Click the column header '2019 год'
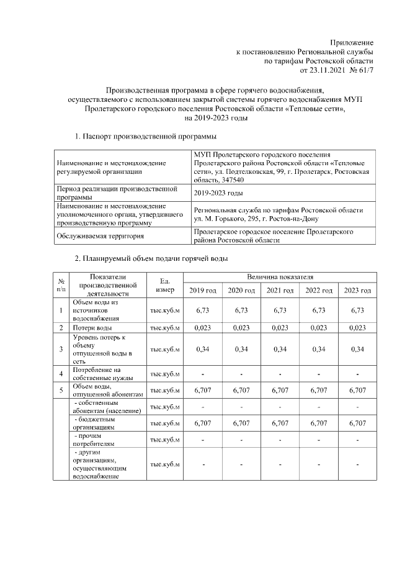tap(203, 291)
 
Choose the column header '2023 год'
tap(357, 291)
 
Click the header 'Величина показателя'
tap(280, 276)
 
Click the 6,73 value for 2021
tap(280, 310)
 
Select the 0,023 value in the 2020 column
tap(241, 327)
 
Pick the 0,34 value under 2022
tap(318, 349)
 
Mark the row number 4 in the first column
tap(61, 374)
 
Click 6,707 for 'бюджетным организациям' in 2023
tap(357, 424)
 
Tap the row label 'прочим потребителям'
tap(94, 440)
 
